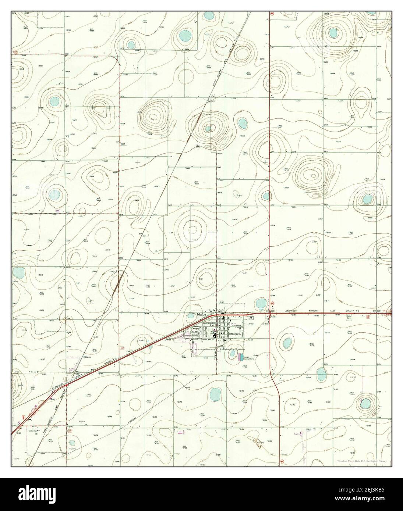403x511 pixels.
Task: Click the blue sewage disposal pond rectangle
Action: click(241, 357)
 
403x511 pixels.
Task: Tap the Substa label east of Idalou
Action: click(266, 324)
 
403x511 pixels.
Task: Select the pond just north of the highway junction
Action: click(261, 304)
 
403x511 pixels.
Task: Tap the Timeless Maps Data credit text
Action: click(364, 461)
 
